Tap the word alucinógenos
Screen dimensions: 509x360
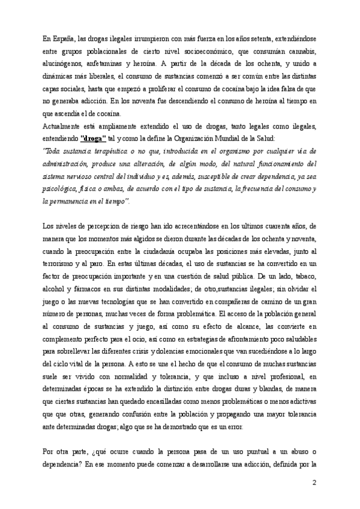(x=66, y=64)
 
